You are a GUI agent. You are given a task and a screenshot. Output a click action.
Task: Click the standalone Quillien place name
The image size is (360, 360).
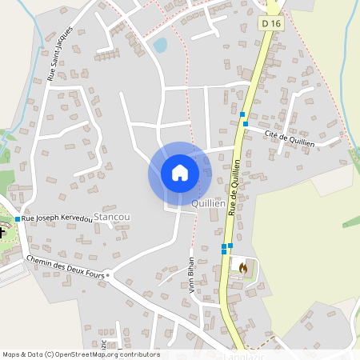pyautogui.click(x=207, y=204)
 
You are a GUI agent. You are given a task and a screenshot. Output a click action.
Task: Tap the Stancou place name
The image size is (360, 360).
pyautogui.click(x=112, y=217)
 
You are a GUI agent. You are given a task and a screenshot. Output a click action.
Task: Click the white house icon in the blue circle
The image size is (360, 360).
pyautogui.click(x=180, y=173)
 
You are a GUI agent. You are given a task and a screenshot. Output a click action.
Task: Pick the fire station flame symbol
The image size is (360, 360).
pyautogui.click(x=243, y=268)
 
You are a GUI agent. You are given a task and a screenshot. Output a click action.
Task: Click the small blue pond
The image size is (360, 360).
pyautogui.click(x=161, y=46)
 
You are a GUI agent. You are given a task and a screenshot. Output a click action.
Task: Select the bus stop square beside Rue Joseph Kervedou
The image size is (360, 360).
pyautogui.click(x=18, y=218)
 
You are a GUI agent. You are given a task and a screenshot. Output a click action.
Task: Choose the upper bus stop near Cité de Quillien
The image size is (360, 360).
pyautogui.click(x=242, y=115)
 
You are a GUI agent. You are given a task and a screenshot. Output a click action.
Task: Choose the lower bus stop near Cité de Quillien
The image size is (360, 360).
pyautogui.click(x=245, y=124)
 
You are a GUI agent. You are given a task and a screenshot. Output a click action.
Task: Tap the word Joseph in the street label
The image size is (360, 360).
pyautogui.click(x=48, y=218)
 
